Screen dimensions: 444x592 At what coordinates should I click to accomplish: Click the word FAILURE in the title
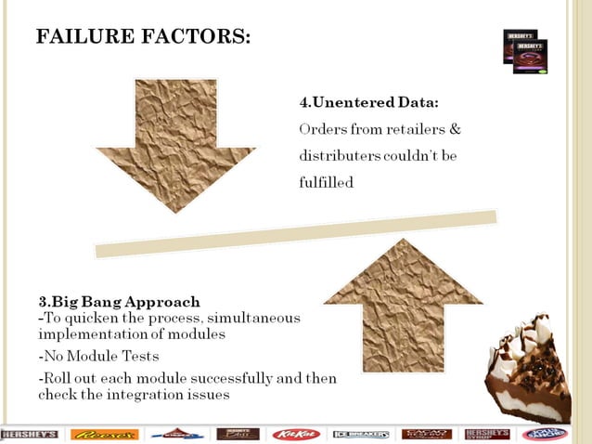pos(78,38)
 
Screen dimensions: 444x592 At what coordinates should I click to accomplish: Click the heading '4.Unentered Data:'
pos(368,100)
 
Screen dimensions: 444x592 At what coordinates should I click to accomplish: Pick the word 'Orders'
pos(322,128)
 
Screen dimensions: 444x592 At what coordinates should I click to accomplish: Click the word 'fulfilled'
pos(326,183)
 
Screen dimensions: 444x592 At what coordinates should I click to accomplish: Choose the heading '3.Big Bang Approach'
pos(119,302)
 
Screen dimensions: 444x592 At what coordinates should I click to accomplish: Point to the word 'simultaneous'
pos(257,318)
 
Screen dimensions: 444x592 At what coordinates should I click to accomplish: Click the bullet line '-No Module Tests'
pos(97,356)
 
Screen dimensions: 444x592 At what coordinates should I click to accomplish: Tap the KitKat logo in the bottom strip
pos(296,434)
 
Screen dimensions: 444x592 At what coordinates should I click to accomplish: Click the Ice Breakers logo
pos(360,434)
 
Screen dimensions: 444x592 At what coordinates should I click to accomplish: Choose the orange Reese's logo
pos(104,434)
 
